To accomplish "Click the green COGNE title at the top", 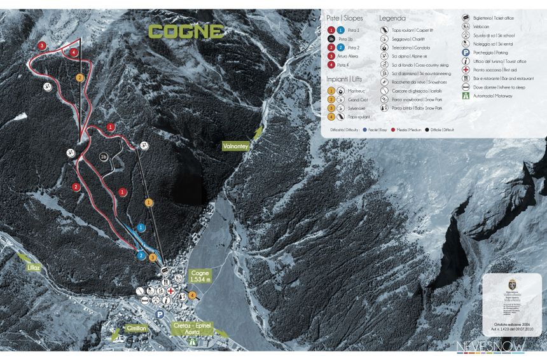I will click(x=186, y=31).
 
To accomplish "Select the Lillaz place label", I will click(x=34, y=268).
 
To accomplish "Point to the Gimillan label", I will click(x=136, y=328).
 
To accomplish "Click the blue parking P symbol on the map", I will click(x=160, y=315).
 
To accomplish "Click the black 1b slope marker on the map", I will click(x=104, y=156).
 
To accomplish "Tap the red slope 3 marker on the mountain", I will click(x=42, y=46).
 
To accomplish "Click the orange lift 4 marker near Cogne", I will click(x=192, y=294).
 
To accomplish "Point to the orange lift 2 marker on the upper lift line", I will click(x=80, y=78).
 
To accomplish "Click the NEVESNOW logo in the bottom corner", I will click(x=490, y=346).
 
